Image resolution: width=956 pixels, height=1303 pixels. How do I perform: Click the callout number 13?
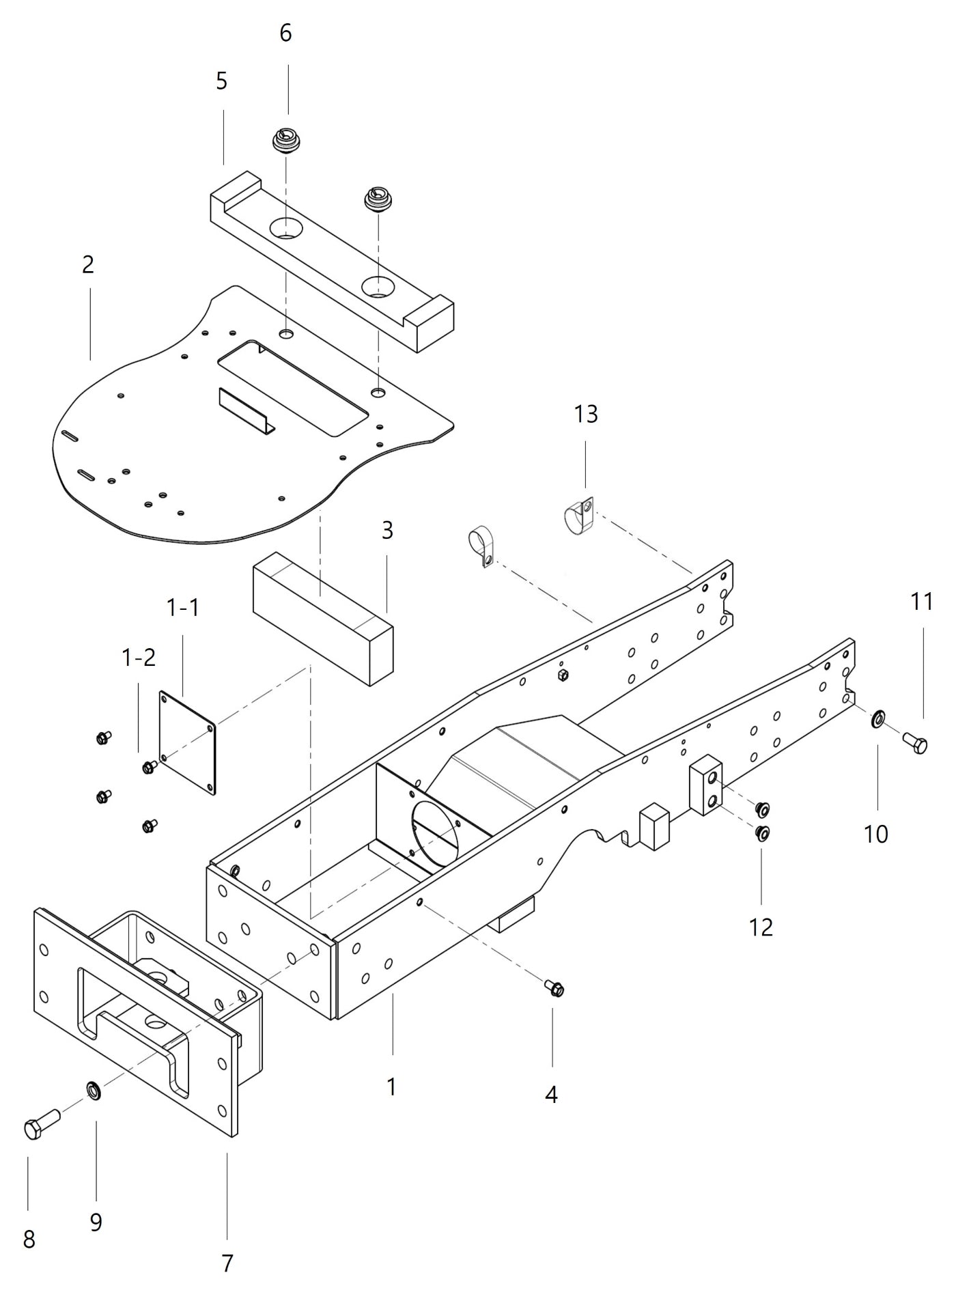(586, 414)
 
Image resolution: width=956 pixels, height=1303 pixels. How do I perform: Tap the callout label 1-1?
(183, 606)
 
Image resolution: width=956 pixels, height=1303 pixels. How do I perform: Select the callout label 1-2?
(139, 657)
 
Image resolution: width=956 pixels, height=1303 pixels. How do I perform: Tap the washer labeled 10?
(877, 718)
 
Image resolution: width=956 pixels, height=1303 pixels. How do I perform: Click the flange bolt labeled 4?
(554, 987)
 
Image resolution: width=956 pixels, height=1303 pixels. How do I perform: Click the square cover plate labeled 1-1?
(188, 742)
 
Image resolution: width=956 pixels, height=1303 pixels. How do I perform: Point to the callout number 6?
(285, 33)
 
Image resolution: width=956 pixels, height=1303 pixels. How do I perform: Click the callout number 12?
(761, 927)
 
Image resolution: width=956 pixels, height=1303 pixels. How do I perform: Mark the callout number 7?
(227, 1263)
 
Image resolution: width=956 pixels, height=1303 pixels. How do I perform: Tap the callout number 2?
(87, 264)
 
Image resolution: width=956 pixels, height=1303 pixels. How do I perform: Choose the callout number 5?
(221, 81)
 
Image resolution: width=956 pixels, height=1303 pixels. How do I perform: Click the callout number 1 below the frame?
(391, 1087)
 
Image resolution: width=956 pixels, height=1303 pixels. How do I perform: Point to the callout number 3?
(387, 530)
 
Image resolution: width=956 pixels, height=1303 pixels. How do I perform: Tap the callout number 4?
(551, 1095)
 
